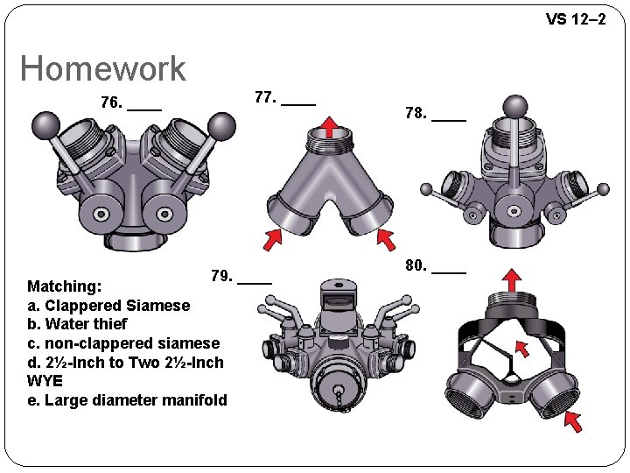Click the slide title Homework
click(x=103, y=68)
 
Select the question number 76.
click(x=111, y=103)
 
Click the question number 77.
click(x=264, y=97)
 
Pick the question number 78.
click(x=416, y=113)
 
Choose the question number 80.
click(x=416, y=265)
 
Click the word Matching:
click(x=65, y=286)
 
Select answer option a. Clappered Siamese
click(x=108, y=306)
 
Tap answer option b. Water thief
click(x=77, y=324)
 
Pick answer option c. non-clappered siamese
click(x=123, y=343)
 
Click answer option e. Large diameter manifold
click(x=127, y=400)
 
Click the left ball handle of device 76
click(x=43, y=126)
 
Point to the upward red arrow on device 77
click(x=329, y=126)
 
